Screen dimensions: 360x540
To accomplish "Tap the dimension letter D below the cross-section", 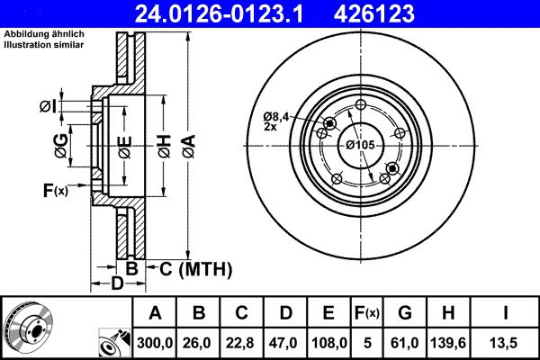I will point(117,284).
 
